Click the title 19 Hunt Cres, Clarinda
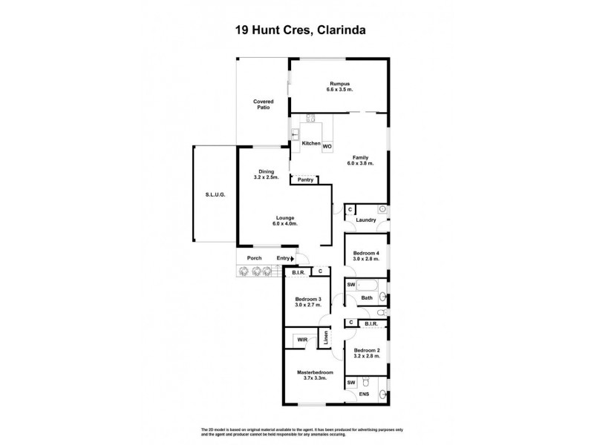[x=296, y=30]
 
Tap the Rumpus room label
[x=339, y=84]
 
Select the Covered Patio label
[x=263, y=104]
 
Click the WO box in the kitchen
[x=327, y=145]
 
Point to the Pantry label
[x=305, y=179]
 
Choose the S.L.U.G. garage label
[x=215, y=194]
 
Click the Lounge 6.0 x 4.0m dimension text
[x=284, y=224]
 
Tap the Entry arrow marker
[x=293, y=258]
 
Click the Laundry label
[x=366, y=220]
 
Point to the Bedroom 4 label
[x=367, y=252]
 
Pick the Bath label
[x=367, y=298]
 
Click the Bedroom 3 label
[x=308, y=299]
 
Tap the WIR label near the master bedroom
[x=302, y=340]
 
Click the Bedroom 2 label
[x=367, y=350]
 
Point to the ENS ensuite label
[x=364, y=395]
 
